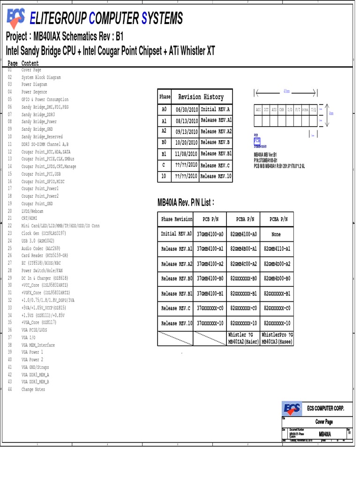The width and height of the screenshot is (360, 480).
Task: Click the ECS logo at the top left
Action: [17, 18]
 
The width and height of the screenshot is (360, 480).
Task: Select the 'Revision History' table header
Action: [201, 97]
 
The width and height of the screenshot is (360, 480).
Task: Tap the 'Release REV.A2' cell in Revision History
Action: [216, 132]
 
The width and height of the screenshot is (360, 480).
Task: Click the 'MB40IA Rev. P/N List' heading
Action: [186, 202]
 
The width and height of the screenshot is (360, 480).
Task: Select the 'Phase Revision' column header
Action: [177, 219]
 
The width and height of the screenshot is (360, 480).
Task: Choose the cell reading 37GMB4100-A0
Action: [210, 234]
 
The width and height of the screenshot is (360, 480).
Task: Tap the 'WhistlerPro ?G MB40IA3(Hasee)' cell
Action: [277, 338]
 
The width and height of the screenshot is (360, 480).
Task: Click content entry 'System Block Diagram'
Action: [41, 77]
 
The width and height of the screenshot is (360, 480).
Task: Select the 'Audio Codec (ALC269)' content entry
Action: [41, 248]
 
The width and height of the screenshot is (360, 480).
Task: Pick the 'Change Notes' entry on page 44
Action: [33, 390]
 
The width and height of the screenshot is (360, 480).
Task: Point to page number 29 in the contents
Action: [10, 278]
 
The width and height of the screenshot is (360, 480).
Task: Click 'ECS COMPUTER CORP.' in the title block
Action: [325, 409]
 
